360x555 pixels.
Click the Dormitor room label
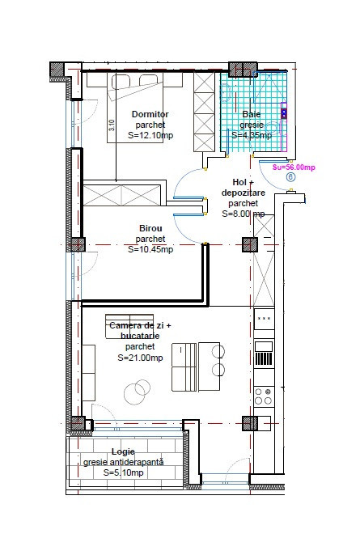click(150, 115)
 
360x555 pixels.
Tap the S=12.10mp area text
click(150, 136)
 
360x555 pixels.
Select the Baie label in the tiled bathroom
click(252, 114)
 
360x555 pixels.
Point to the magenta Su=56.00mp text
click(294, 167)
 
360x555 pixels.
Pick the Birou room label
click(150, 229)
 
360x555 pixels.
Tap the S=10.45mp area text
click(150, 250)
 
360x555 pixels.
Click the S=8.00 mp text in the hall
click(243, 214)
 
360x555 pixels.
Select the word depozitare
click(243, 193)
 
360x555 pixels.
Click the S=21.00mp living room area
click(140, 357)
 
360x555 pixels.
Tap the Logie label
click(123, 451)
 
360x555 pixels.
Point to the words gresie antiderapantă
click(123, 462)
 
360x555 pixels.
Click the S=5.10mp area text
click(123, 472)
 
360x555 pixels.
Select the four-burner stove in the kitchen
click(264, 396)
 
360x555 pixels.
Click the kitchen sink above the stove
click(264, 354)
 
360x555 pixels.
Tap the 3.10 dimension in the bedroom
click(112, 125)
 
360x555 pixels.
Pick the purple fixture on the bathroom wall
click(283, 112)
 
